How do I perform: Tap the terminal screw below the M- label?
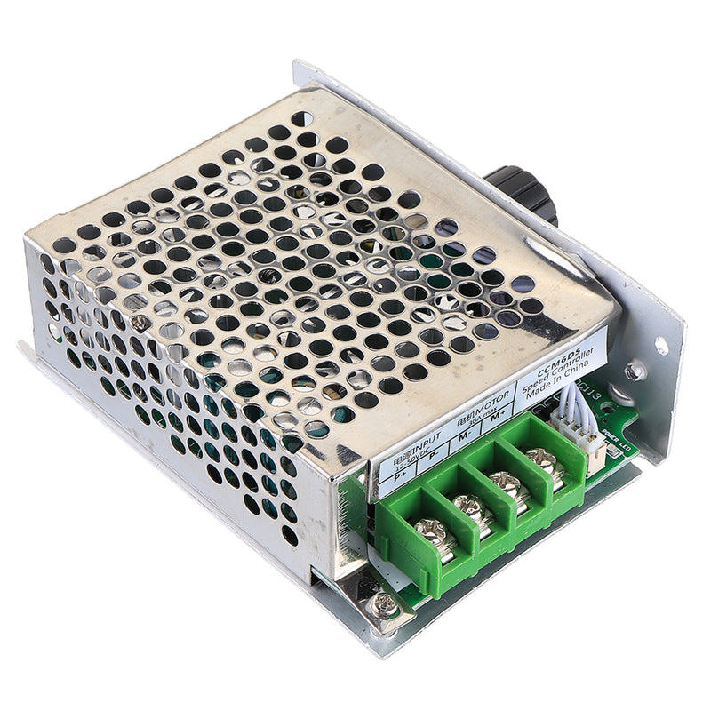(506, 484)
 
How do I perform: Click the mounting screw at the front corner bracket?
(385, 604)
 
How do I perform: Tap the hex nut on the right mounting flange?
(633, 371)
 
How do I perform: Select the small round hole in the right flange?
(662, 346)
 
